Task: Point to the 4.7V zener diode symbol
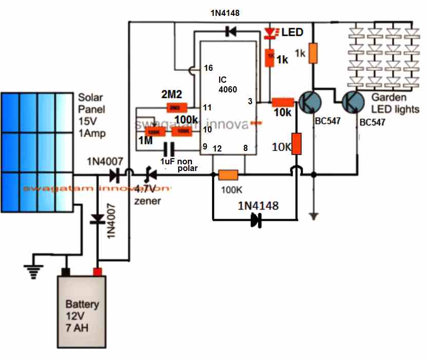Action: [x=150, y=176]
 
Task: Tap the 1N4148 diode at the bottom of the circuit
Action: [x=255, y=220]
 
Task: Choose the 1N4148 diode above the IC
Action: [x=229, y=32]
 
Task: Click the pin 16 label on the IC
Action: [x=208, y=68]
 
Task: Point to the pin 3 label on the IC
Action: [x=250, y=102]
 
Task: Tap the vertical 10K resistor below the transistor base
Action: [x=296, y=143]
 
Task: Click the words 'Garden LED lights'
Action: [x=395, y=103]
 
